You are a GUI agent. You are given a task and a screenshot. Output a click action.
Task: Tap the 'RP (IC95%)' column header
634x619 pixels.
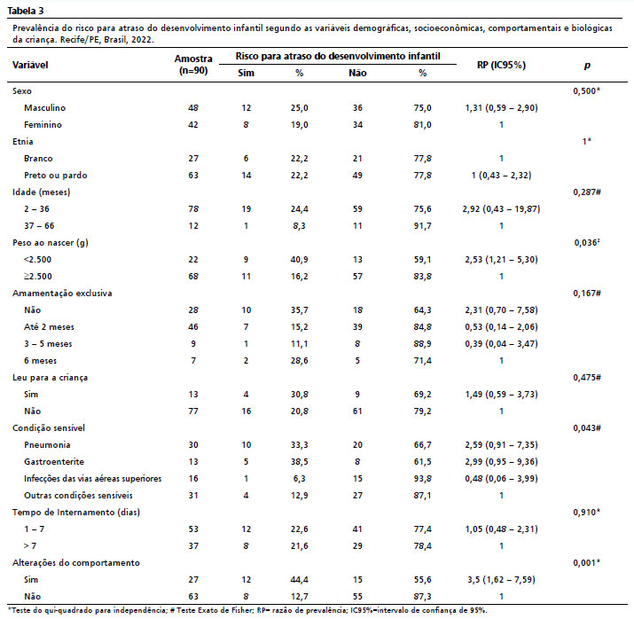501,66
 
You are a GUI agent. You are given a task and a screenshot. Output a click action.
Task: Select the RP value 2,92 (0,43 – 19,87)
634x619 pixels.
502,208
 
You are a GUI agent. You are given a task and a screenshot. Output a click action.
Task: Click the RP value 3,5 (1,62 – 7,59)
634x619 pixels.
502,578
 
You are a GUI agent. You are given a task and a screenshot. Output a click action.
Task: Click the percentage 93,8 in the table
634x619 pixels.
423,478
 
